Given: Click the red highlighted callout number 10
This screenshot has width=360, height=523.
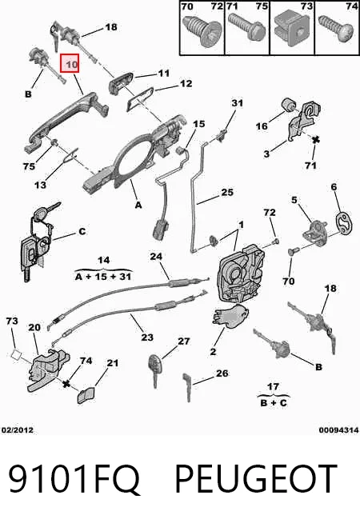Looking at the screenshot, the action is click(70, 63).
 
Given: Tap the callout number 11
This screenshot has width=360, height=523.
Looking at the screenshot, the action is click(163, 73).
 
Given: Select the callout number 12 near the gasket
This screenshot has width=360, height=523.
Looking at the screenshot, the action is click(186, 83).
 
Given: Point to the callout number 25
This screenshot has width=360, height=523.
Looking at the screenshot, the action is click(227, 193).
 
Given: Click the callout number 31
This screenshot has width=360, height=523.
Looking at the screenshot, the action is click(238, 103).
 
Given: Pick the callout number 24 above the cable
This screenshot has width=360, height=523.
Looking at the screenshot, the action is click(156, 257).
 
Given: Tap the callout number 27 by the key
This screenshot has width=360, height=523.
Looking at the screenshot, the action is click(183, 341).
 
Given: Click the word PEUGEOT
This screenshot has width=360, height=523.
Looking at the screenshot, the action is click(256, 479).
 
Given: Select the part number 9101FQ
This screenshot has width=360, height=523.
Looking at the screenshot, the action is click(74, 479).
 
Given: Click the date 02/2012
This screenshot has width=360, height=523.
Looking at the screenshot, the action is click(18, 430).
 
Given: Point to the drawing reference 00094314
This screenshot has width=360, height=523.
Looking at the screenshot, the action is click(338, 430).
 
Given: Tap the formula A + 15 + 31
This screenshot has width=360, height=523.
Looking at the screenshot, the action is click(103, 277).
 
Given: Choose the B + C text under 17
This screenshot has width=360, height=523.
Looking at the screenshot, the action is click(274, 403).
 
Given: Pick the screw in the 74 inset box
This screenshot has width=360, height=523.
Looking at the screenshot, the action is click(337, 28).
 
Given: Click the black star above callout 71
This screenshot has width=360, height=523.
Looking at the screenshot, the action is click(314, 140).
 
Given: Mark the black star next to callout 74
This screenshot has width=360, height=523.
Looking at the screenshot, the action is click(66, 384).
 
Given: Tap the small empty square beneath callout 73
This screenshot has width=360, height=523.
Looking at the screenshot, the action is click(16, 354).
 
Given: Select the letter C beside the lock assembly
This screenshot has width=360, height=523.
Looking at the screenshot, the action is click(82, 231).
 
